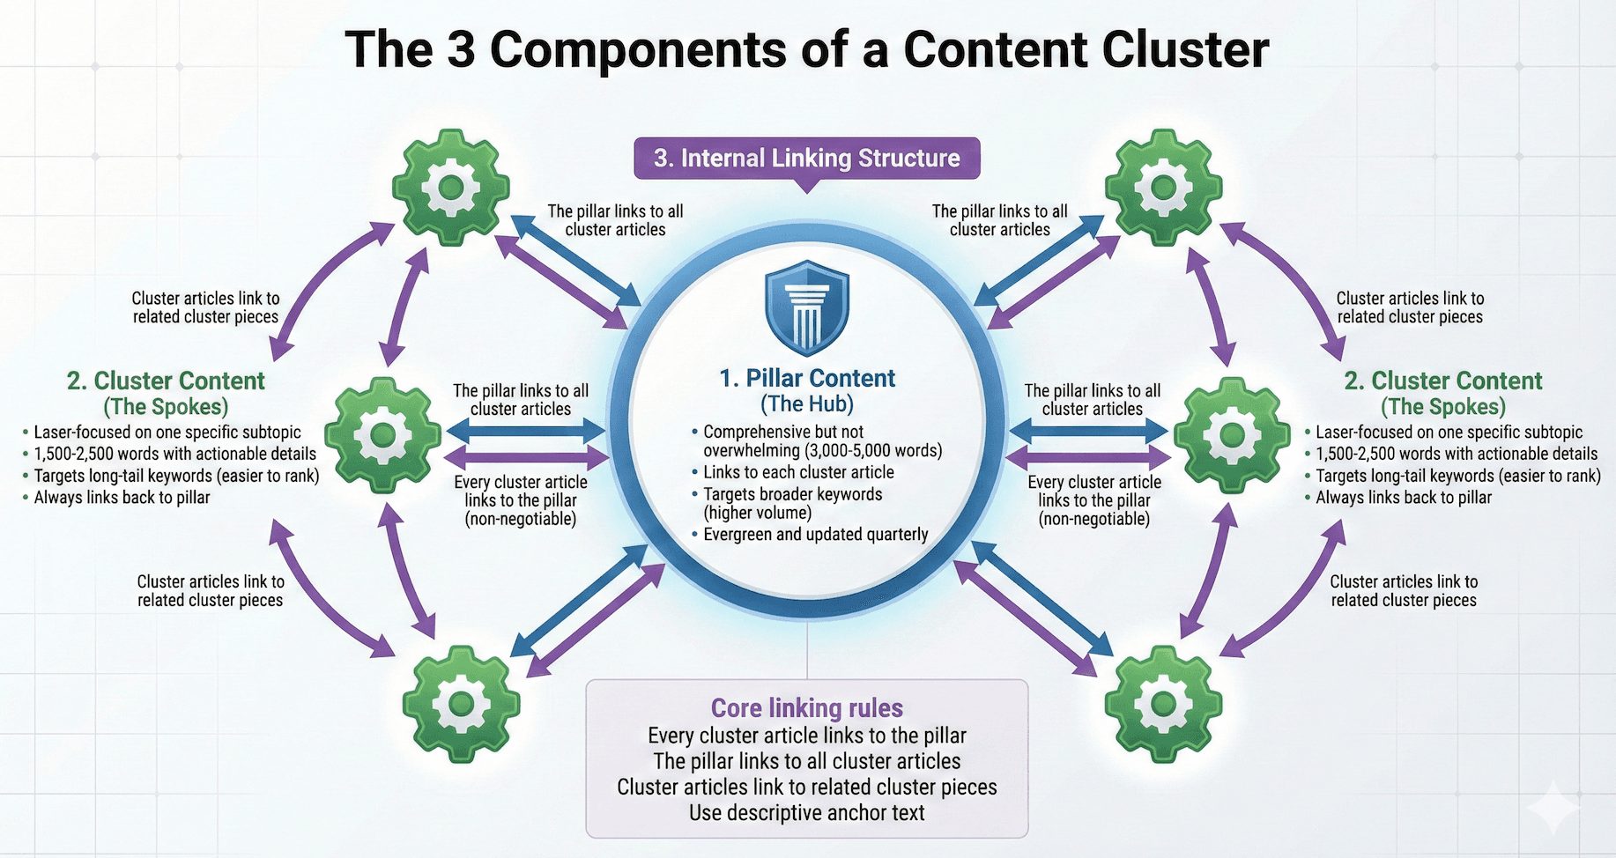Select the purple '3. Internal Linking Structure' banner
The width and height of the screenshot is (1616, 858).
806,159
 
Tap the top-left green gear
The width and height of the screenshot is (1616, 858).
451,187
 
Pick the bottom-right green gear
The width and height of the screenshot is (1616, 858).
1163,703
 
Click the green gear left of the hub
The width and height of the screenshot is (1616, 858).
382,434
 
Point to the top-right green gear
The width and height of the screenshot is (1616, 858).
1163,187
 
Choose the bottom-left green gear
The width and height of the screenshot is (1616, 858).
460,703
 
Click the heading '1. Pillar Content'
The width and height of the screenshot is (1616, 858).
807,379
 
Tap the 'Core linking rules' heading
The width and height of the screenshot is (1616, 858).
806,708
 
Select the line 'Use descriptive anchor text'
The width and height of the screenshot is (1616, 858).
806,812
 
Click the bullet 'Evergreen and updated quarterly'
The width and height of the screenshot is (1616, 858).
815,535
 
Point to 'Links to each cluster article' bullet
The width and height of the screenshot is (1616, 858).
798,472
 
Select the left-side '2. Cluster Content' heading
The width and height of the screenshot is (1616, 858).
166,381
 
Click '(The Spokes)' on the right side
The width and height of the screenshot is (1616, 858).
1443,407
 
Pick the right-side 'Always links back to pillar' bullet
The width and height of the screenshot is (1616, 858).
1403,498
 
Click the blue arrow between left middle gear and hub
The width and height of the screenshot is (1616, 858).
526,431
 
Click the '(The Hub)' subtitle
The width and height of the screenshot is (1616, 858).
807,404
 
